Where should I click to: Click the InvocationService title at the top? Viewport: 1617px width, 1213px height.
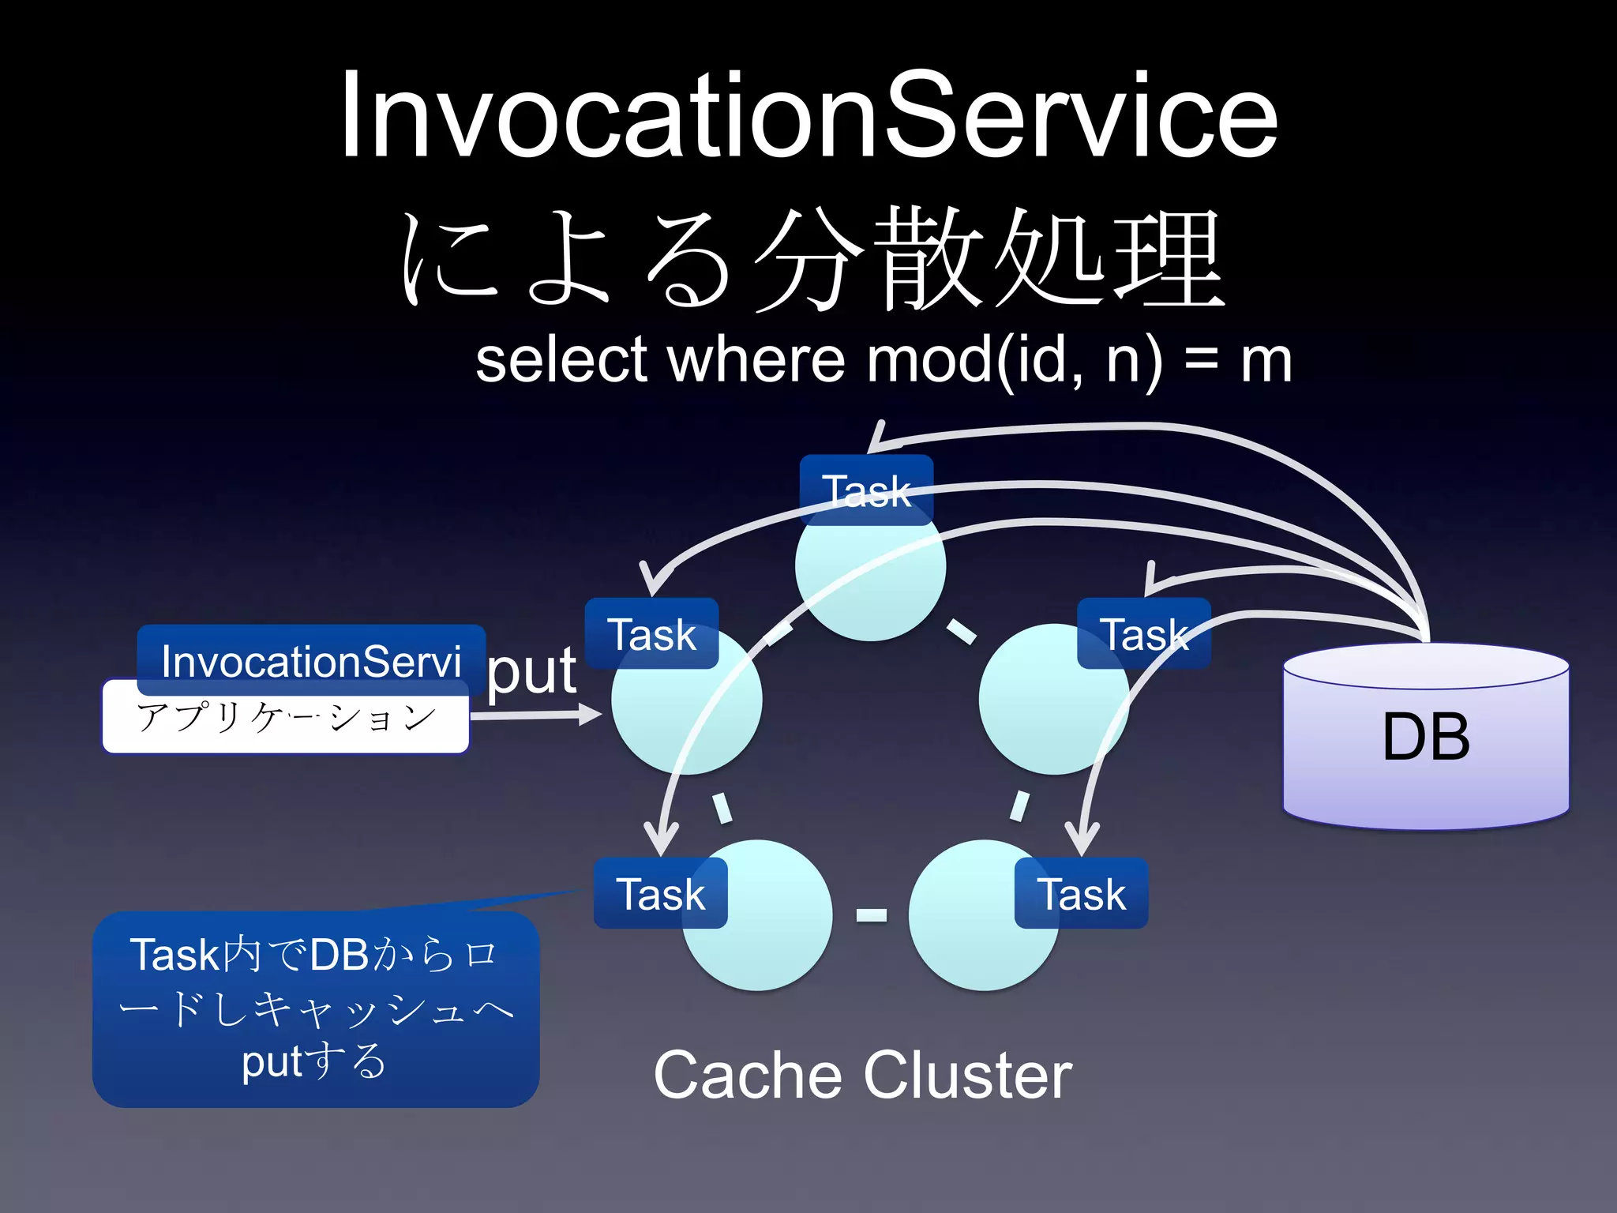pos(808,117)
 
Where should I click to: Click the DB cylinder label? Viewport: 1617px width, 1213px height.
pos(1426,736)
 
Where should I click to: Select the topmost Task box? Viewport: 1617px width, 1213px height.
pos(866,490)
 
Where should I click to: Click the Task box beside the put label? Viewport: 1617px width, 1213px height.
pos(651,634)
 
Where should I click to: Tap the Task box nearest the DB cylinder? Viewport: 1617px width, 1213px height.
pos(1143,634)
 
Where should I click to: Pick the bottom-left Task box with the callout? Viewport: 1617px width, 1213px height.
pos(660,893)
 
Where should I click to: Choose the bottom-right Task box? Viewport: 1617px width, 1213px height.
pos(1081,893)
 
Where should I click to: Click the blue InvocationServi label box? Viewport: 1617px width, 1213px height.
pos(311,659)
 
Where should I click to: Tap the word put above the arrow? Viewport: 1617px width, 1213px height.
pos(531,671)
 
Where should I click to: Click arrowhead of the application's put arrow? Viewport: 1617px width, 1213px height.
pos(592,715)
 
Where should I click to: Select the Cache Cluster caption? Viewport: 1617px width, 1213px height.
pos(862,1075)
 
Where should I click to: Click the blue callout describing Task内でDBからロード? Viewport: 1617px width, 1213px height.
pos(316,1009)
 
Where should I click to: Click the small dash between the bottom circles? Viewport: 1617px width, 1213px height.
pos(871,915)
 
